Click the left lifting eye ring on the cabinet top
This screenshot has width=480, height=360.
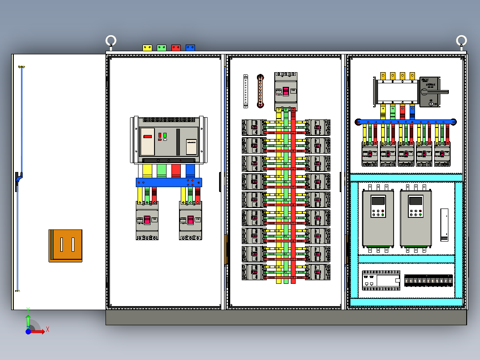[111, 41]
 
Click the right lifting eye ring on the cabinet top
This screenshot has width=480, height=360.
[461, 41]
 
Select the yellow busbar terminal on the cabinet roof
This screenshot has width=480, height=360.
[147, 47]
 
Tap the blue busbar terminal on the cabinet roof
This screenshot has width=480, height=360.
[190, 47]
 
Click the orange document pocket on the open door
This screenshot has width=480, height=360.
[65, 245]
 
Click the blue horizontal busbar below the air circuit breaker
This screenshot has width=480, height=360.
[169, 182]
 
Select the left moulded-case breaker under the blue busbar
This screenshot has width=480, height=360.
[147, 221]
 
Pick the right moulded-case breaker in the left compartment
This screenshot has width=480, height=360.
[191, 221]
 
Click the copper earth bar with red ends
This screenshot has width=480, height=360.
[260, 91]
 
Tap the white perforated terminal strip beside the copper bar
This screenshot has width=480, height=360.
[245, 91]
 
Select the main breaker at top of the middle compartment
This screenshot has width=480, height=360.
[286, 90]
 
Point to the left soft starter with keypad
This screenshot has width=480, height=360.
[378, 218]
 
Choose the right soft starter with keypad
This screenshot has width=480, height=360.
[416, 218]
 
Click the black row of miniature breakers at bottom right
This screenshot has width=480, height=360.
[428, 280]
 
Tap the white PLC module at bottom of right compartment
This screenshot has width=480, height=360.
[381, 280]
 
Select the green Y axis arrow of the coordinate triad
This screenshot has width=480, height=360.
[28, 320]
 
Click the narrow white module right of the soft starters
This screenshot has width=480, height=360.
[444, 225]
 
